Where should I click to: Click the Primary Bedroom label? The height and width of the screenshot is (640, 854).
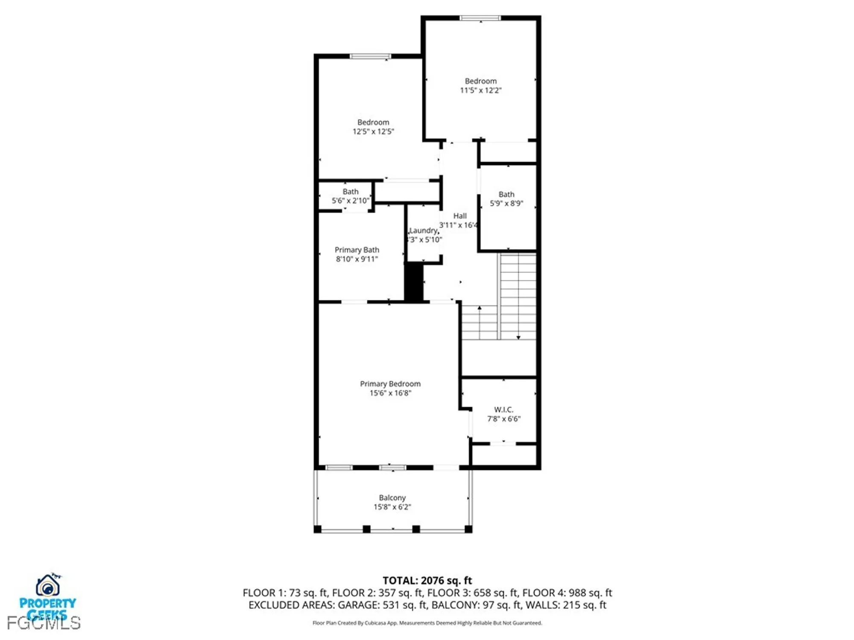tap(390, 384)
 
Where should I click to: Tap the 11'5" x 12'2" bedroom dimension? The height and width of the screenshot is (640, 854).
tap(480, 90)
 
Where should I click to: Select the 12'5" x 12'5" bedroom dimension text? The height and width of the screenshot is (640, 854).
tap(373, 132)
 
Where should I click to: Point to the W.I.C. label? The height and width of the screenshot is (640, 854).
tap(504, 410)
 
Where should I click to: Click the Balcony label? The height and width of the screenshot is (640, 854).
tap(392, 497)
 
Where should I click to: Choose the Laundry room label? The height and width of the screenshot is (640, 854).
tap(423, 230)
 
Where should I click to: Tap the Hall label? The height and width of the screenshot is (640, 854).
tap(460, 216)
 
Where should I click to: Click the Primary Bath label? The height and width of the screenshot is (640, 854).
tap(357, 250)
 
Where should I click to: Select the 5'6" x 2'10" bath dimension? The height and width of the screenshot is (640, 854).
tap(350, 201)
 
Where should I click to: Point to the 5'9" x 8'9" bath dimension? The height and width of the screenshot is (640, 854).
tap(506, 204)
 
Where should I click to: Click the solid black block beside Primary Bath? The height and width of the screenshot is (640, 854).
tap(413, 282)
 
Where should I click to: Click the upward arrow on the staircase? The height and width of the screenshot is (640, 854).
tap(480, 308)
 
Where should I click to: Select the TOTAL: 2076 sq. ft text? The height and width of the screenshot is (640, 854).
tap(427, 580)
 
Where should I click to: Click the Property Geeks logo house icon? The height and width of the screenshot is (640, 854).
tap(47, 586)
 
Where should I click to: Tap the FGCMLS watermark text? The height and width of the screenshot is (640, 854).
tap(44, 623)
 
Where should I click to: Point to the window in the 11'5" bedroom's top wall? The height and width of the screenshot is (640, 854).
tap(480, 18)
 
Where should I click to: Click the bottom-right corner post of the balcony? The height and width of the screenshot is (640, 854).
tap(468, 529)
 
